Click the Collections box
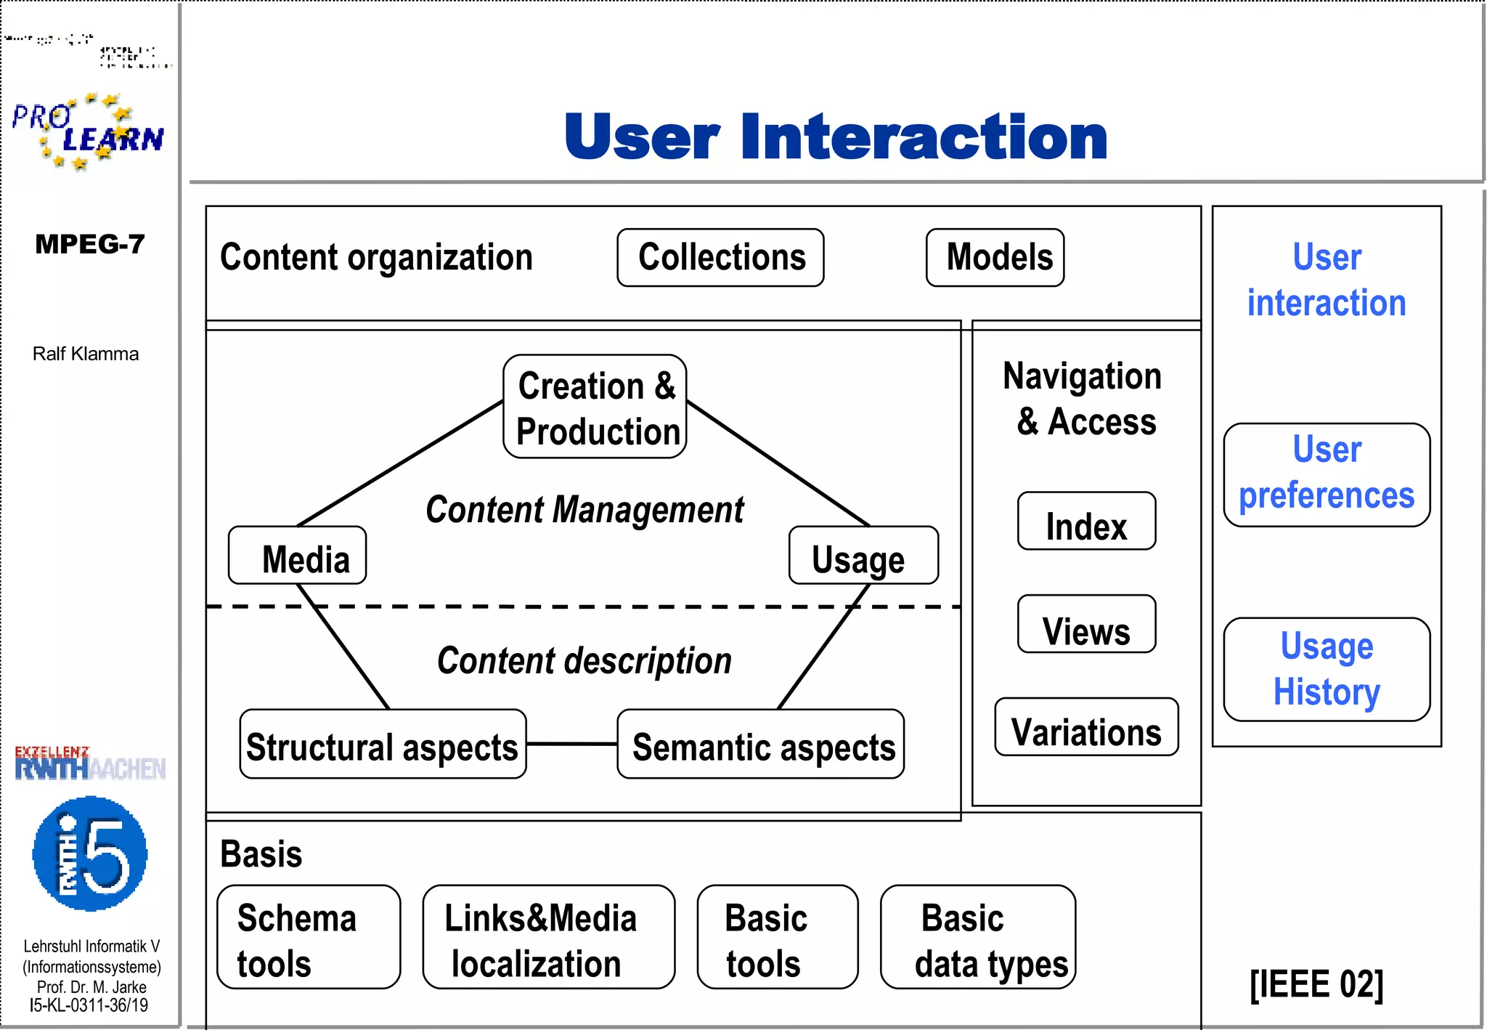[x=720, y=258]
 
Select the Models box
[x=995, y=258]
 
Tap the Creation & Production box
[x=595, y=407]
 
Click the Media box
[x=297, y=556]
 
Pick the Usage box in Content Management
[x=863, y=556]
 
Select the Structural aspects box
[x=383, y=745]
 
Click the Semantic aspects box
[x=760, y=745]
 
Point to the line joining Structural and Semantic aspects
[x=571, y=744]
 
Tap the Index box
[x=1086, y=522]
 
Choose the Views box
[x=1086, y=625]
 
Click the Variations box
[x=1086, y=728]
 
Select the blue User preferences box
[x=1327, y=475]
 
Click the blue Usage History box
[x=1327, y=670]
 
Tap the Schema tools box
[x=309, y=937]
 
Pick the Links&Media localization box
[x=548, y=937]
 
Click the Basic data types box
[x=978, y=937]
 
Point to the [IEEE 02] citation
[x=1316, y=985]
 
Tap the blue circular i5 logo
[x=90, y=854]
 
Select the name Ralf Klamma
[x=86, y=354]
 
